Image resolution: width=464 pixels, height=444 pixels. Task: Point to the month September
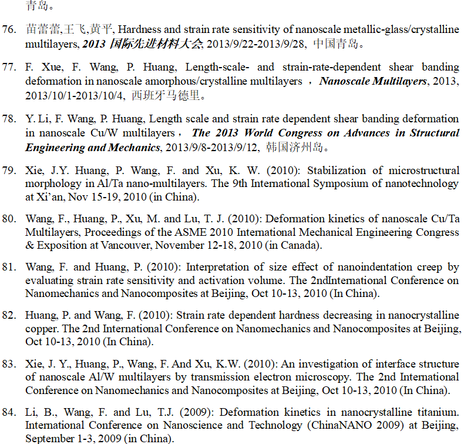(49, 438)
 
